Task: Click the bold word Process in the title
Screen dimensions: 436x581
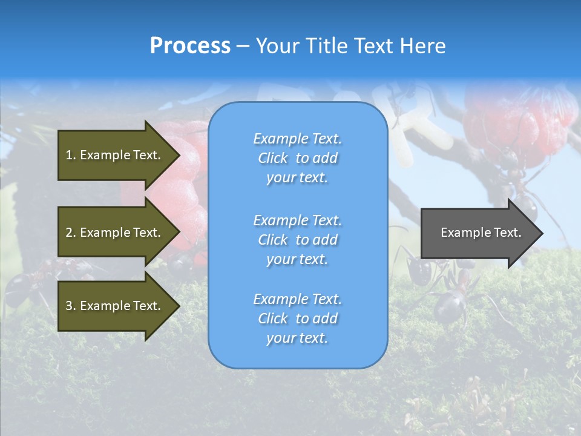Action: [x=190, y=46]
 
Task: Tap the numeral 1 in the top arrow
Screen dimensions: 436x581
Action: [x=69, y=155]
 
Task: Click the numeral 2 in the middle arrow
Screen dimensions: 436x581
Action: [x=69, y=233]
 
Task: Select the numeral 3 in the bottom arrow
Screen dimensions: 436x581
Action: [x=69, y=306]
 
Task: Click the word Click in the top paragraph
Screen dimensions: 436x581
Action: [x=273, y=158]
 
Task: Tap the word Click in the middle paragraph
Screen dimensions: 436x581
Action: [x=273, y=240]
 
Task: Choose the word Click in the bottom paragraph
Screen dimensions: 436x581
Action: [x=273, y=319]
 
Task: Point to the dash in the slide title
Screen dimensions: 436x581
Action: [x=243, y=46]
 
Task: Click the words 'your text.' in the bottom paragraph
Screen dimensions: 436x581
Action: [x=297, y=338]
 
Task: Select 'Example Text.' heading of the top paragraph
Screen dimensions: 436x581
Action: [x=297, y=139]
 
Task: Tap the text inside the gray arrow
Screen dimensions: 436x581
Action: [x=481, y=233]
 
